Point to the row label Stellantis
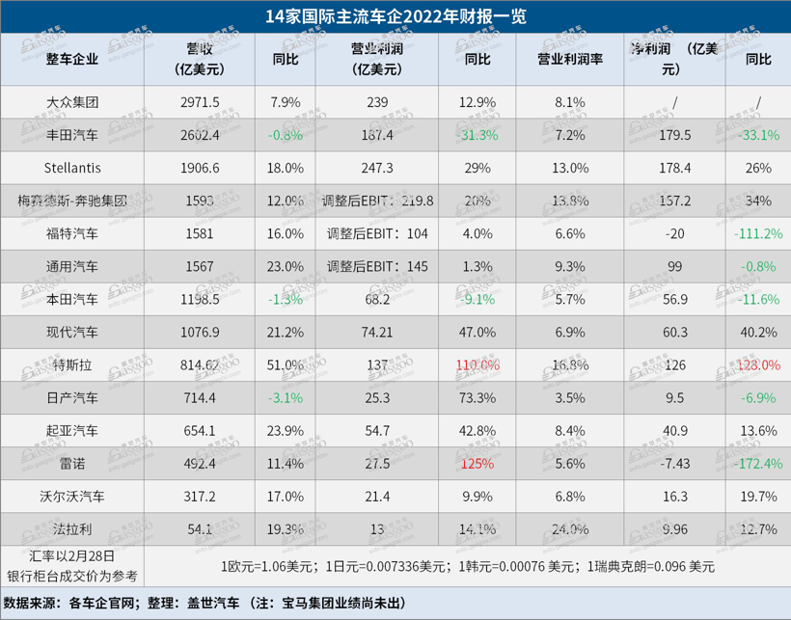[x=72, y=168]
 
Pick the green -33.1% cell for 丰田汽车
[x=758, y=135]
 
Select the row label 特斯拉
[x=72, y=364]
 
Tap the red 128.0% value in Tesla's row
[x=758, y=364]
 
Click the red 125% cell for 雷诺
[x=478, y=464]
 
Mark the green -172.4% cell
[x=758, y=464]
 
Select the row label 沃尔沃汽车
[x=72, y=497]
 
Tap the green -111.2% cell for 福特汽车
[x=758, y=233]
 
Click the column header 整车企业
[x=72, y=59]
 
